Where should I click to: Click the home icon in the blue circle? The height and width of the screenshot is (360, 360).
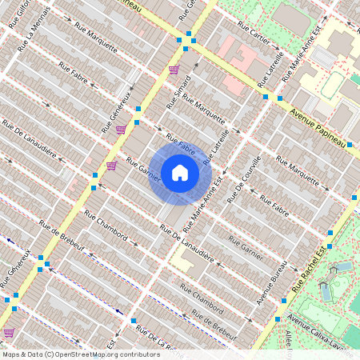point(180,173)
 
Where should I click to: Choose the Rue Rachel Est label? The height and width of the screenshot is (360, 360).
point(308,269)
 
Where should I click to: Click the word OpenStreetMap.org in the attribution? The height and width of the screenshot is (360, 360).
point(86,354)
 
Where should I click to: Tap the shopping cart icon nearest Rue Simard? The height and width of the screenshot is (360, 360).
point(174,70)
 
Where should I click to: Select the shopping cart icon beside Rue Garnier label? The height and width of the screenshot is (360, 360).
point(111,166)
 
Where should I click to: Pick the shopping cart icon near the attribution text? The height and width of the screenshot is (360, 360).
point(9,331)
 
